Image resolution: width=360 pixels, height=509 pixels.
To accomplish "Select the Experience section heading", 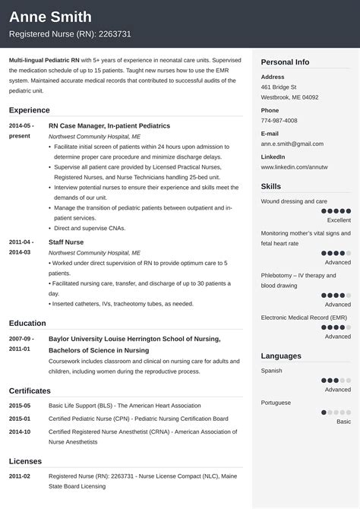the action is [x=30, y=109].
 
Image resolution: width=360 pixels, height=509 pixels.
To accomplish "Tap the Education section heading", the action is [x=29, y=322].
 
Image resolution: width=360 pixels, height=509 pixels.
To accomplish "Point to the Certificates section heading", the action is [x=30, y=390].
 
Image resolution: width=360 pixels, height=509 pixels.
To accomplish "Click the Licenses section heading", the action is [x=26, y=460].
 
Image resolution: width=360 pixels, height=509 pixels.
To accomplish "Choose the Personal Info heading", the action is [x=285, y=62].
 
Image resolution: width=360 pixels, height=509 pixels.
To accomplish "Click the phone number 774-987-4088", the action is [x=280, y=121].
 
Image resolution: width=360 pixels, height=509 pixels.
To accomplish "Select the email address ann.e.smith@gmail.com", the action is [x=292, y=144].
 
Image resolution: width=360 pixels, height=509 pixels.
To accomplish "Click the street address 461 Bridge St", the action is [x=279, y=87].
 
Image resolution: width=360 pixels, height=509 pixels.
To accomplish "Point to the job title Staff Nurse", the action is [x=66, y=242].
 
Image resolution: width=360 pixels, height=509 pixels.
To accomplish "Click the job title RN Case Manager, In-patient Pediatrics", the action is [x=109, y=125].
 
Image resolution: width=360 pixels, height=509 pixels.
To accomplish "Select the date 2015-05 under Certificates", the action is [x=20, y=406].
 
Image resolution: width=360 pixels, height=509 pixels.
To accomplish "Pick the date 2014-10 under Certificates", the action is [x=20, y=432].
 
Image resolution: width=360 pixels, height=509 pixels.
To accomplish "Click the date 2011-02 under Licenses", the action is [x=20, y=476].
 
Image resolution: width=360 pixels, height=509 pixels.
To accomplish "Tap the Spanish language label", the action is [x=271, y=371].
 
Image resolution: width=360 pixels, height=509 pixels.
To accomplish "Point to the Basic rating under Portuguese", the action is [x=343, y=421].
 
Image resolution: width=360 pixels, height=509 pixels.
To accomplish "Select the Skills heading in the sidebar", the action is [x=270, y=186].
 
